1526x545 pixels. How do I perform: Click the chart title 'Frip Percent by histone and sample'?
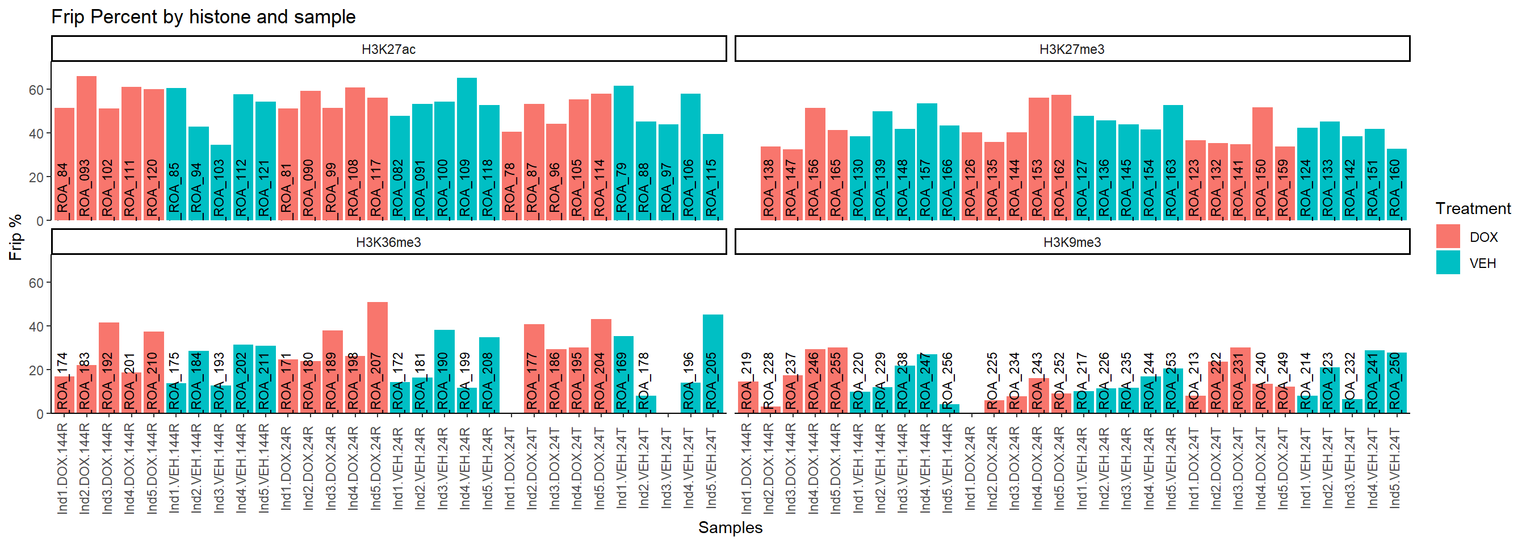tap(203, 16)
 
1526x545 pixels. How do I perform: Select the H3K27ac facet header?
tap(389, 49)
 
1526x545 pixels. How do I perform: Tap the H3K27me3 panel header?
tap(1072, 49)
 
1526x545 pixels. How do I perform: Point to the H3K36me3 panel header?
tap(389, 242)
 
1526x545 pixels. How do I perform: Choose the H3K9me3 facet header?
tap(1072, 242)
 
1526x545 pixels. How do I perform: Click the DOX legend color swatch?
tap(1448, 237)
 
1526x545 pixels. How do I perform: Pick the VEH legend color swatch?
tap(1448, 263)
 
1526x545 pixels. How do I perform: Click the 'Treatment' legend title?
tap(1473, 208)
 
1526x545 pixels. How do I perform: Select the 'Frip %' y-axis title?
tap(15, 237)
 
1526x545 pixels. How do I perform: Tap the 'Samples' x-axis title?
tap(730, 527)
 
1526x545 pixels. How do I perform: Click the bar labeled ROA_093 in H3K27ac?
tap(86, 148)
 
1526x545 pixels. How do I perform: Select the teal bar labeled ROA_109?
tap(467, 148)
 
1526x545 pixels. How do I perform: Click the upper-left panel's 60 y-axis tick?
tap(37, 90)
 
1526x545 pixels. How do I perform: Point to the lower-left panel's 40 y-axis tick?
tap(37, 326)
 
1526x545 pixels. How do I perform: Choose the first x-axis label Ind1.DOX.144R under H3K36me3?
tap(63, 468)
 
